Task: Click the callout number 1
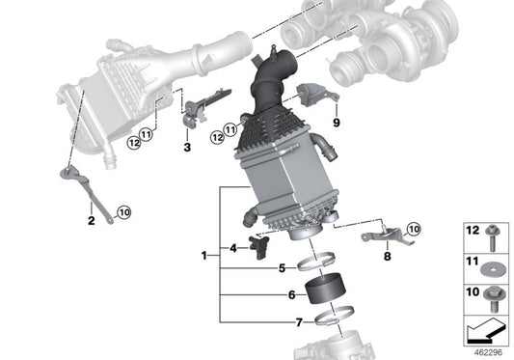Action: (204, 256)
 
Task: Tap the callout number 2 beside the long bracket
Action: (91, 221)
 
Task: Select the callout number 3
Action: (187, 148)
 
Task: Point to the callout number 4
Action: (233, 247)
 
